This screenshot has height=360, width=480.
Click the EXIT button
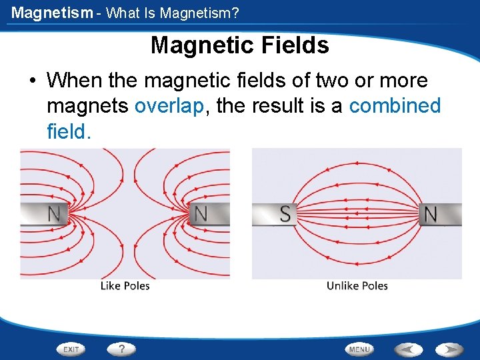71,349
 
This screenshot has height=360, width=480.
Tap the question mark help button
121,349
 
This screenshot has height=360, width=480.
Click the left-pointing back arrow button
408,349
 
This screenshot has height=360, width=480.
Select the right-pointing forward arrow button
449,349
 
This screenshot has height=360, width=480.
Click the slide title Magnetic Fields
240,45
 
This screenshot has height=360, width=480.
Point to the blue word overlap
169,106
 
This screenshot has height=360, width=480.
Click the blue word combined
395,106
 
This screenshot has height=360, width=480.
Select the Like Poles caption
125,286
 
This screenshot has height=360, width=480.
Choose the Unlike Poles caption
357,286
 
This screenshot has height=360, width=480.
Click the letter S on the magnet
285,214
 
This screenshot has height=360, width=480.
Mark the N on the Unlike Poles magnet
431,214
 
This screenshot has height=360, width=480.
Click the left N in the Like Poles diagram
54,214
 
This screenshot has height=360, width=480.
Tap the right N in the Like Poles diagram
199,214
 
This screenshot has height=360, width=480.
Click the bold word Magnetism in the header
52,12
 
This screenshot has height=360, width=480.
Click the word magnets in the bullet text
88,106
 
